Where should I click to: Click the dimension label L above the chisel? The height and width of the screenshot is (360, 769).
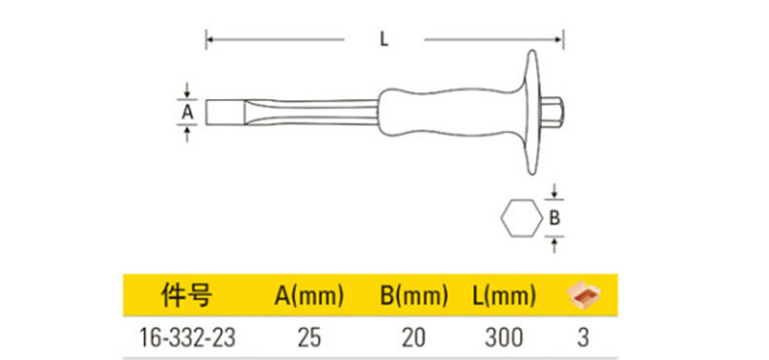(x=384, y=40)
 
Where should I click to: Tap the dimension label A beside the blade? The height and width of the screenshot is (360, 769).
(x=187, y=112)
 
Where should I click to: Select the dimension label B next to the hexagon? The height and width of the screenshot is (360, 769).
(x=554, y=218)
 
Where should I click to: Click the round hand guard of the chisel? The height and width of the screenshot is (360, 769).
(x=533, y=112)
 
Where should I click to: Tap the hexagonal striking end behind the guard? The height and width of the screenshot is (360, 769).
(x=552, y=112)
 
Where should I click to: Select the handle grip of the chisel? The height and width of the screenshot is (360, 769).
(x=451, y=112)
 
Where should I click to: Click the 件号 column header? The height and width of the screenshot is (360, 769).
(x=187, y=295)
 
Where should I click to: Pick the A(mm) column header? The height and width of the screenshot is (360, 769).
(x=309, y=295)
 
